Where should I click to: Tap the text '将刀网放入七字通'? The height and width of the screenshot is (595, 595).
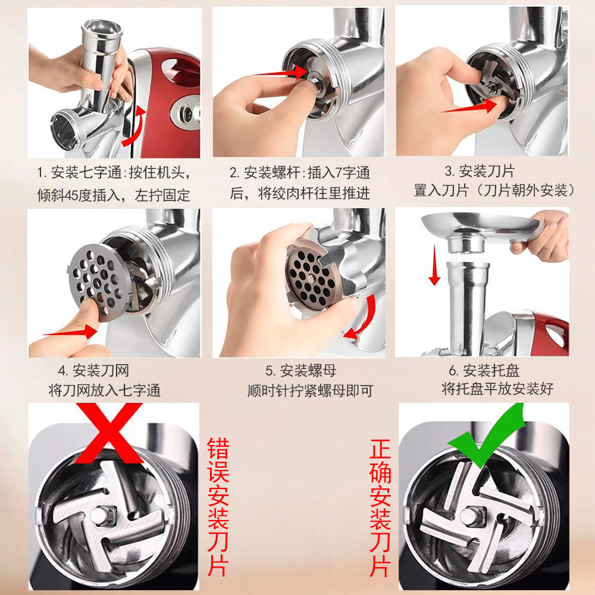click(104, 390)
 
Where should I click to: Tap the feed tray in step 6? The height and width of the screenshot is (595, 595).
click(481, 228)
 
